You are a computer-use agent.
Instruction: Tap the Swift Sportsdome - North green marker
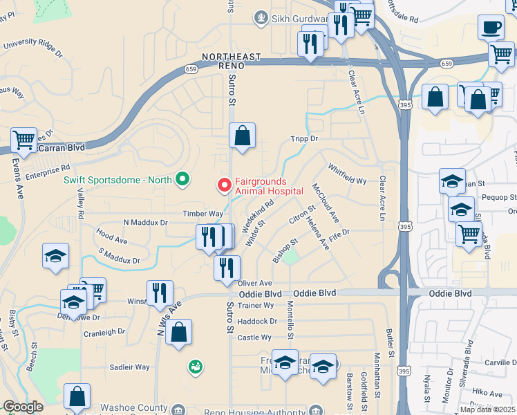182,180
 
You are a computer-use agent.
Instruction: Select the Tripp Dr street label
303,138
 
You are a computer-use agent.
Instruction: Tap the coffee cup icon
491,27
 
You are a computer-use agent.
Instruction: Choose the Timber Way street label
203,214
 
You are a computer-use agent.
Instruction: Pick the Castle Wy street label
254,338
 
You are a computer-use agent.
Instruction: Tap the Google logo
23,407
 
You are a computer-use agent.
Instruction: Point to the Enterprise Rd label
47,167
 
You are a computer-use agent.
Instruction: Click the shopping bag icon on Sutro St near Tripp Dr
243,137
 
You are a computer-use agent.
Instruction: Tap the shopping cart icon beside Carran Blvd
23,140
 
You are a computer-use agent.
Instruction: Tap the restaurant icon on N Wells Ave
160,293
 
